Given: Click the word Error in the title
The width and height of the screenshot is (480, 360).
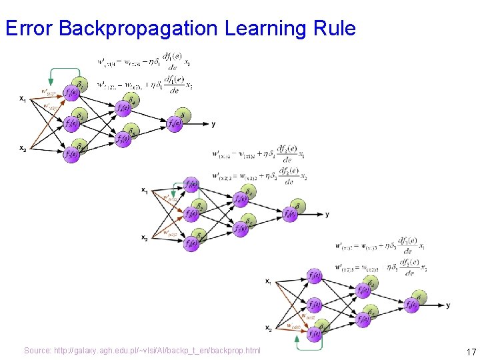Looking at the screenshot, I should (29, 29).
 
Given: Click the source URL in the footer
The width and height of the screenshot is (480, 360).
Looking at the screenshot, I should (142, 351).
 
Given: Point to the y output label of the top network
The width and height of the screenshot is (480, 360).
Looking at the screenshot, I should (213, 124).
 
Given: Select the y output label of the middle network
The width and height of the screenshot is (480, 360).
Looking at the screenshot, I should (327, 214).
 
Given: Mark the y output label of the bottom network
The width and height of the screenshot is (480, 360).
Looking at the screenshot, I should (448, 305).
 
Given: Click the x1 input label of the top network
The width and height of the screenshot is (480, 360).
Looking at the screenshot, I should (23, 99).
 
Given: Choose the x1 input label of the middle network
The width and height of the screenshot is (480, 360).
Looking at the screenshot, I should (145, 190).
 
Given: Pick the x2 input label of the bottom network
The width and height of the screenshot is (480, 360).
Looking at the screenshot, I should (268, 328).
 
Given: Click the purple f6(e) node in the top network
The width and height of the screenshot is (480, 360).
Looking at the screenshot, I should (175, 124).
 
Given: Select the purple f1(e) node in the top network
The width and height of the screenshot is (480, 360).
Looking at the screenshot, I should (71, 92).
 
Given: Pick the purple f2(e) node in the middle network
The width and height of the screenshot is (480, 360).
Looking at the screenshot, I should (192, 213).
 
